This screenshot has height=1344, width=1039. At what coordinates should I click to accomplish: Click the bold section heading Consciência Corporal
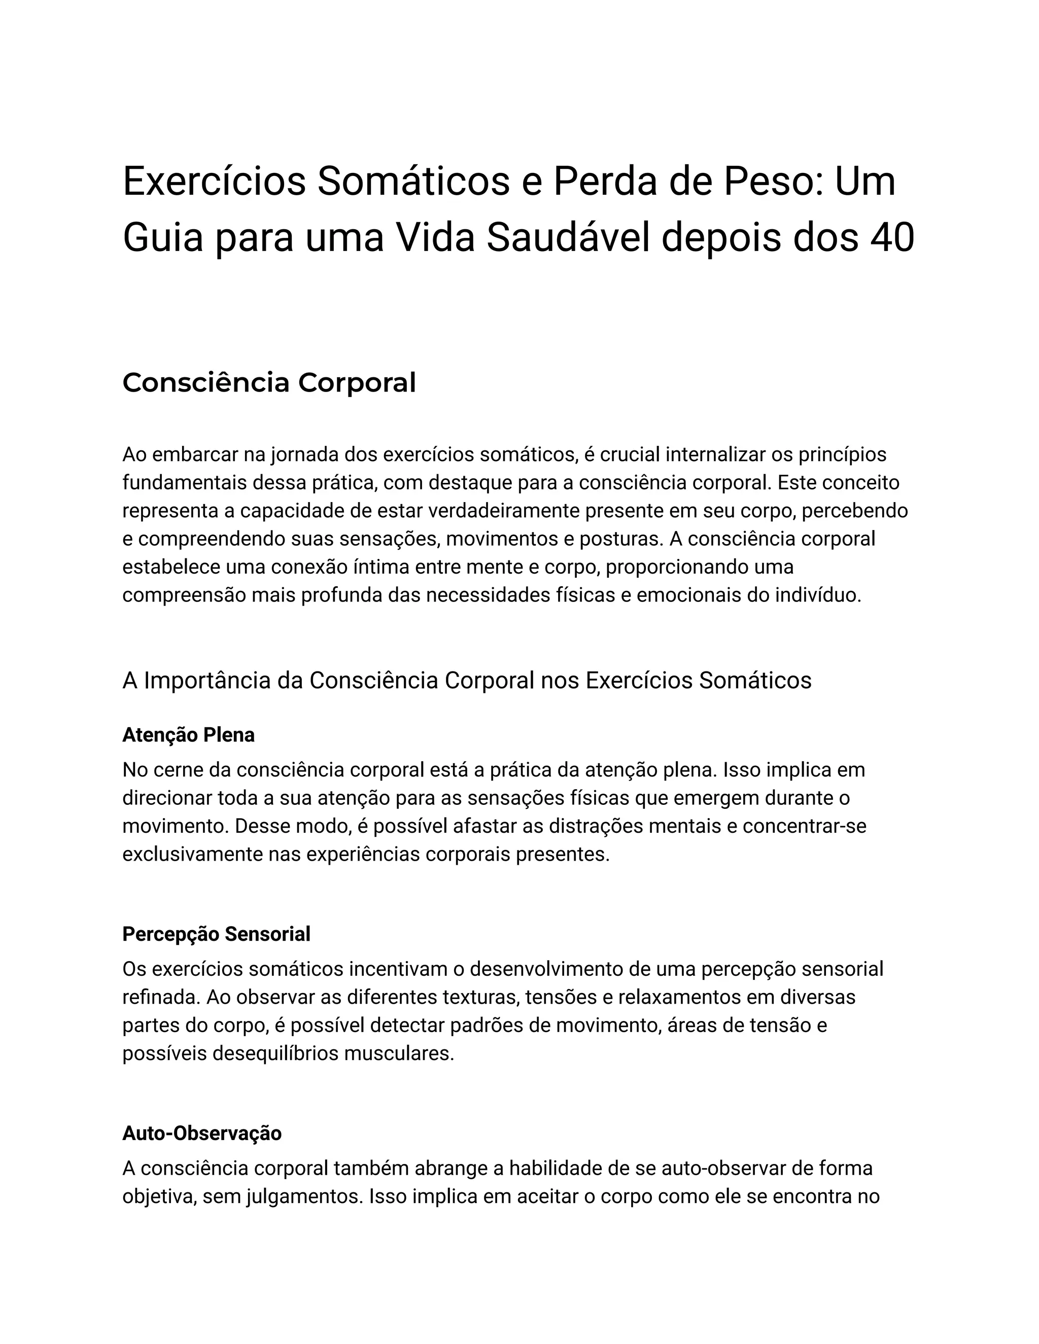(x=269, y=383)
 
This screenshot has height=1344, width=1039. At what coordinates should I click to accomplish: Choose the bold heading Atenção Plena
(x=188, y=735)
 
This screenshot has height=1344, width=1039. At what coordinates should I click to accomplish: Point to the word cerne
(x=180, y=770)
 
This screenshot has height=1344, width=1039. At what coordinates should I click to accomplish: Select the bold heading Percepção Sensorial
(x=216, y=934)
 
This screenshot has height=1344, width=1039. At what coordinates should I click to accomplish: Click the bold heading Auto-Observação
(x=202, y=1133)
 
